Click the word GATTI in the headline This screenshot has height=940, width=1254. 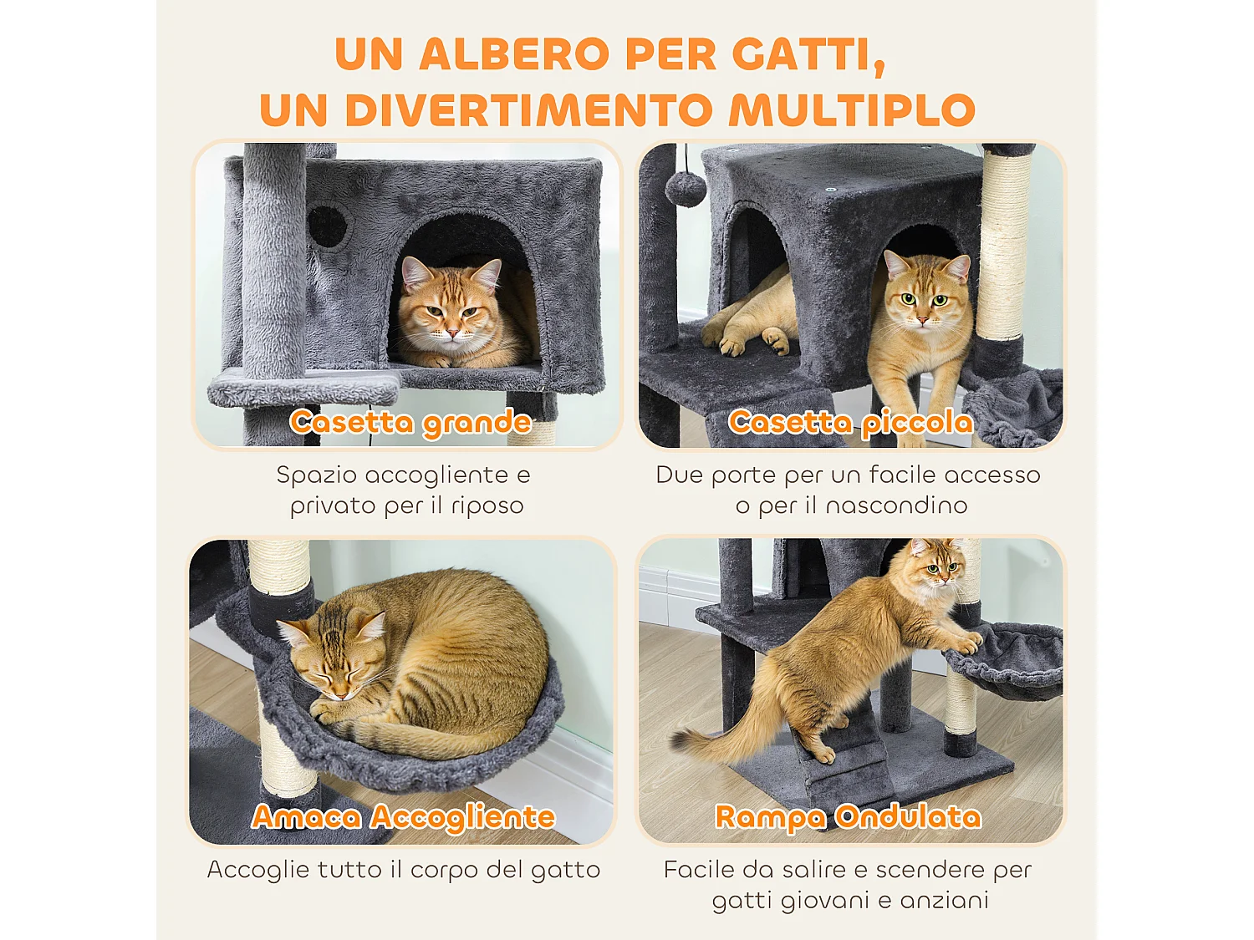[x=808, y=55]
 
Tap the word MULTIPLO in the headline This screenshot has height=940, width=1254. [x=851, y=111]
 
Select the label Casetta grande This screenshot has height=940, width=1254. [x=410, y=423]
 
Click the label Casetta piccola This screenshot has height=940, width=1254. [x=850, y=423]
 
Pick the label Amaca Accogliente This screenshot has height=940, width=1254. [x=404, y=816]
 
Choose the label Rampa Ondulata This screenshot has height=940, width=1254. [x=848, y=816]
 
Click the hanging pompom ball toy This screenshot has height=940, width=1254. [x=686, y=188]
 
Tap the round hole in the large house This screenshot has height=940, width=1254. [x=328, y=226]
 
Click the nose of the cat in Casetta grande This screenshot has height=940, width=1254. [x=451, y=333]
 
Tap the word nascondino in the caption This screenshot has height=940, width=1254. [x=896, y=506]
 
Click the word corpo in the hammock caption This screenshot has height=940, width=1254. [x=444, y=870]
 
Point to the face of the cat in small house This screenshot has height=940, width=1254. [x=925, y=301]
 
